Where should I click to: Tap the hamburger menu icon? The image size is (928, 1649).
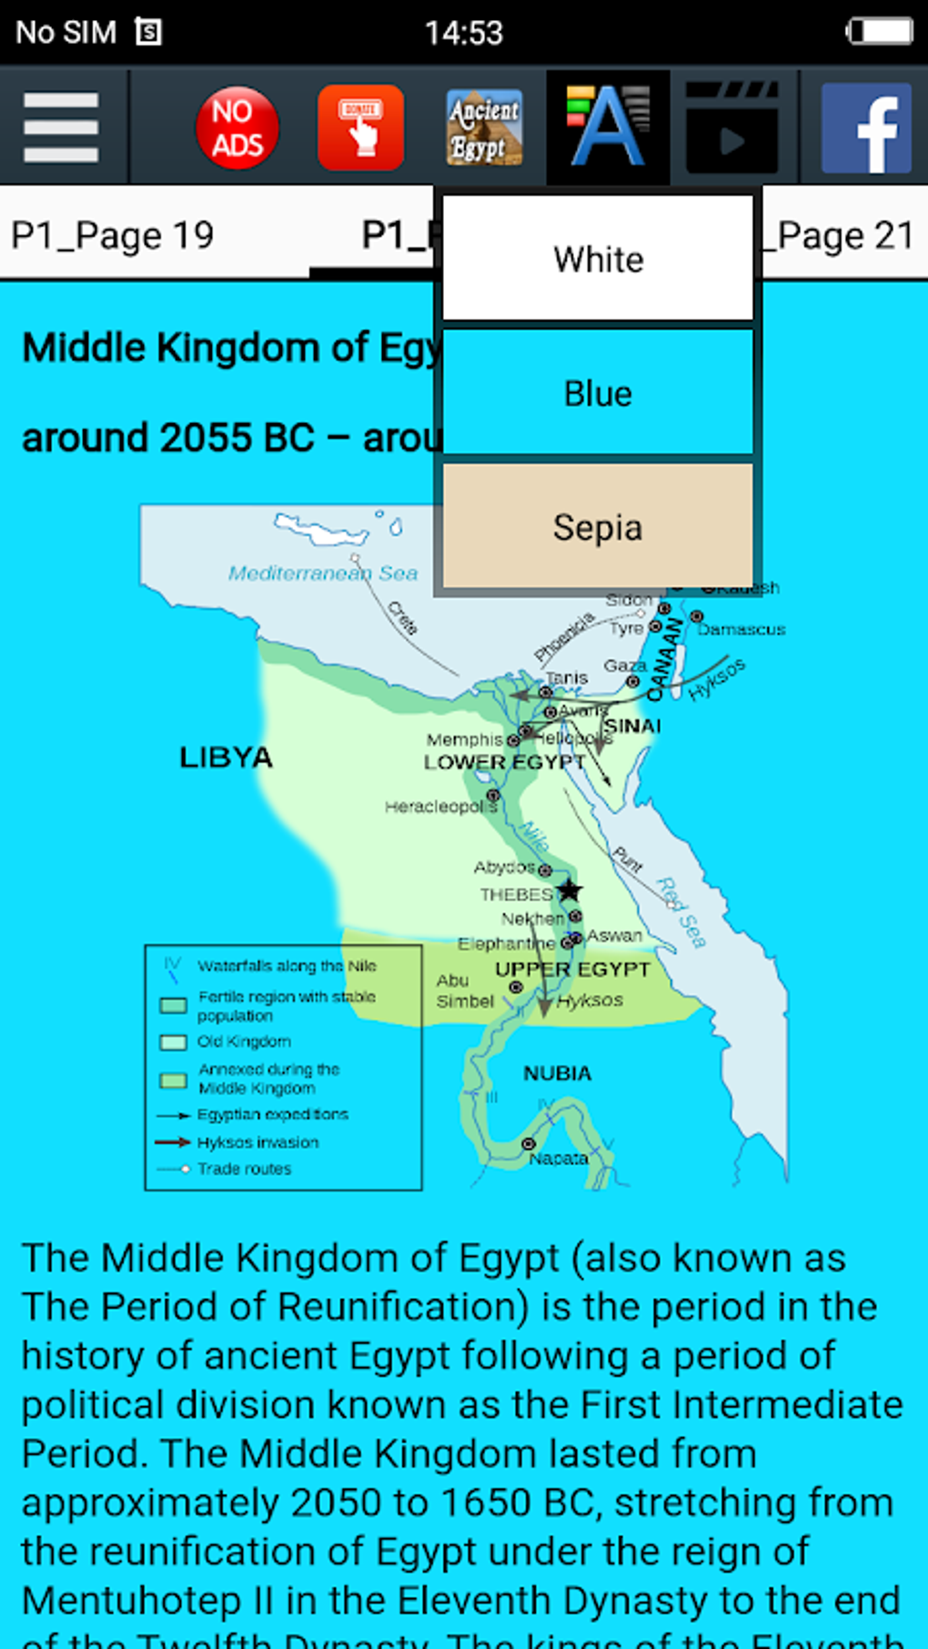coord(61,127)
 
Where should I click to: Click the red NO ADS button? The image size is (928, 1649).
coord(237,128)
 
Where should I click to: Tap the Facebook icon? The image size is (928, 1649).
coord(866,128)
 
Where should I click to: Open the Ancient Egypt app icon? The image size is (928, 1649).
coord(484,128)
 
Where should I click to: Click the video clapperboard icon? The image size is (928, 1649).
coord(732,128)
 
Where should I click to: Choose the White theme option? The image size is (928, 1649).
coord(598,259)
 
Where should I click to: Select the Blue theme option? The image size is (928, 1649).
coord(598,394)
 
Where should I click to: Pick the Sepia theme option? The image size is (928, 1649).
coord(598,528)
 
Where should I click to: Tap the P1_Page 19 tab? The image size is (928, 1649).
coord(113,236)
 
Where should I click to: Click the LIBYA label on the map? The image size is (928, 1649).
coord(226,758)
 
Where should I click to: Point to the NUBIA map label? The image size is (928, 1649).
coord(557,1074)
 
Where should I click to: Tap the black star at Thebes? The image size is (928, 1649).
coord(570,890)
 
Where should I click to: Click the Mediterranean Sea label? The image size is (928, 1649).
coord(323,573)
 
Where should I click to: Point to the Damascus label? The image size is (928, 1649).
coord(741,629)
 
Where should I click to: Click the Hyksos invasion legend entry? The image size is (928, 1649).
coord(257,1142)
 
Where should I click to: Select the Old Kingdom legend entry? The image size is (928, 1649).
coord(244,1041)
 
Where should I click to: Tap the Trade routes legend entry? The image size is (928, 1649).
coord(244,1169)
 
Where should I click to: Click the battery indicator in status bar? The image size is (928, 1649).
coord(879,32)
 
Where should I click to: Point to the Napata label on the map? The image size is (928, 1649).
coord(558,1159)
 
